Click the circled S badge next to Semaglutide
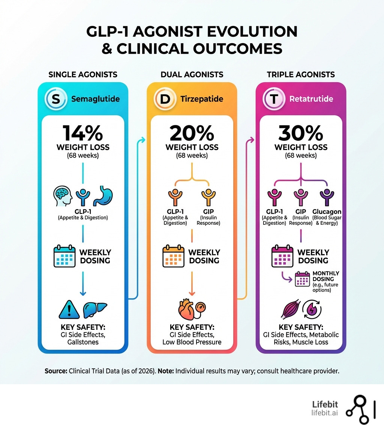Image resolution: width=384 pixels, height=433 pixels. (x=55, y=99)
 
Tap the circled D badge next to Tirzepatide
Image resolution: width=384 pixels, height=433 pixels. (x=164, y=99)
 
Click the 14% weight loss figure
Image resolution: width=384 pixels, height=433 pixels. (x=82, y=133)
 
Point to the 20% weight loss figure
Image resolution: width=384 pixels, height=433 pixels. (x=192, y=133)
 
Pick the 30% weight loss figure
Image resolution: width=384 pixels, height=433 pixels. (x=300, y=133)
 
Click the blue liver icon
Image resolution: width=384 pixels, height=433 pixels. (x=92, y=310)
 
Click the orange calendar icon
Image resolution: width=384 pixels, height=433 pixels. (x=173, y=257)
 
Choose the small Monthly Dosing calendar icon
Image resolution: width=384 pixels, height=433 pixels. (x=302, y=279)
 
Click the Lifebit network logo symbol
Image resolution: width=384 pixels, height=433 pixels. (x=360, y=410)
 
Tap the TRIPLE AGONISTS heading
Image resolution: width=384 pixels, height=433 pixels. (x=301, y=74)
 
